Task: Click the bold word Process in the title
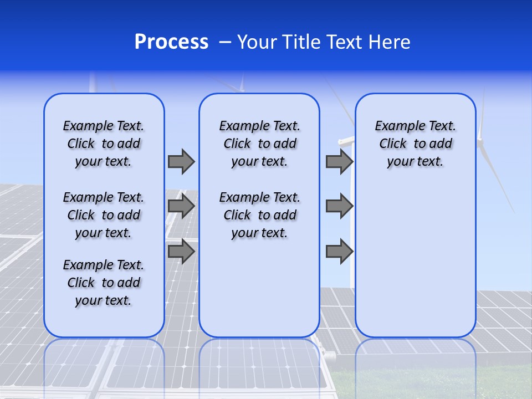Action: tap(171, 42)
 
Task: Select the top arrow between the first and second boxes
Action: tap(181, 161)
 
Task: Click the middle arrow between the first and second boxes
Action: tap(181, 206)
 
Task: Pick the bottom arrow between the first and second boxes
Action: tap(181, 252)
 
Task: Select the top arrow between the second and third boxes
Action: tap(339, 161)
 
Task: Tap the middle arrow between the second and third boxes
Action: tap(339, 206)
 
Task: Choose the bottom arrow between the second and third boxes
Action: tap(339, 252)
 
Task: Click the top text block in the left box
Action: tap(104, 144)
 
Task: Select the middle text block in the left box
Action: tap(104, 215)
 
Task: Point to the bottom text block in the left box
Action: tap(104, 283)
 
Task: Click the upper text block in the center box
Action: tap(259, 144)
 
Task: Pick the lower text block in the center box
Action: tap(259, 215)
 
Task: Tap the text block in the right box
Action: tap(415, 144)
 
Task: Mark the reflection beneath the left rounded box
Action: tap(104, 366)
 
